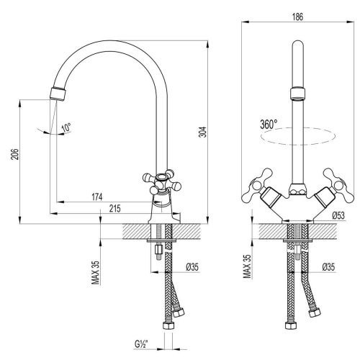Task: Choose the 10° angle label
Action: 66,128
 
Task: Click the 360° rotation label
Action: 268,124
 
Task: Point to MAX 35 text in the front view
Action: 247,267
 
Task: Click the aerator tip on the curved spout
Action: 59,92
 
